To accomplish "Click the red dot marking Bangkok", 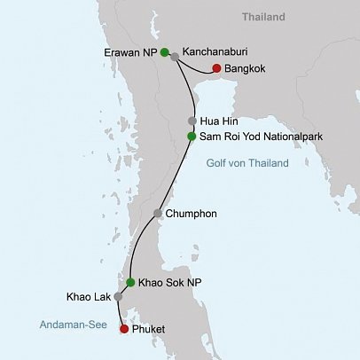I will [x=216, y=68].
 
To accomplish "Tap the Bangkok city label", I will [x=249, y=68].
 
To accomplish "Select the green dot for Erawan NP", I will [x=165, y=52].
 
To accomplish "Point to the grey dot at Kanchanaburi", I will [x=175, y=57].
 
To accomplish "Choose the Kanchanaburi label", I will [x=215, y=51].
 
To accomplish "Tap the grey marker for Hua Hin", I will [x=192, y=121].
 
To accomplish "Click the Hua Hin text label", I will [x=220, y=121].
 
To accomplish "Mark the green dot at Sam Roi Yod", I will [x=192, y=137].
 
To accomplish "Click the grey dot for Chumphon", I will [x=158, y=214].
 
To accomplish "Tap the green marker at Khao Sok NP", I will [x=130, y=282].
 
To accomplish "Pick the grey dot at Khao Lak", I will [x=118, y=296].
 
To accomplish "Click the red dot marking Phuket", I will [x=123, y=329].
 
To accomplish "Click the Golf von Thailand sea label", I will [x=247, y=163].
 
